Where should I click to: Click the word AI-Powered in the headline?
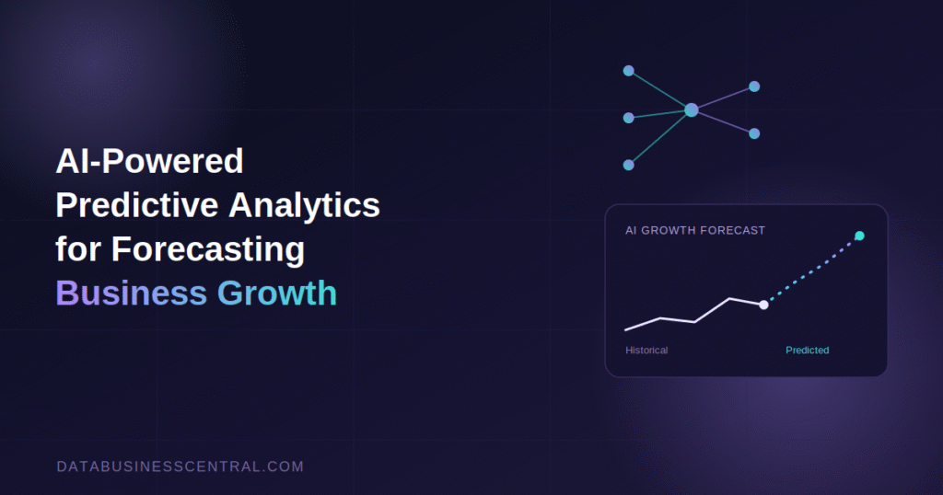150,161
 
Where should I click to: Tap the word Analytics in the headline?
304,206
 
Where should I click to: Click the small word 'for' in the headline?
78,248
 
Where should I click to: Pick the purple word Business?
131,294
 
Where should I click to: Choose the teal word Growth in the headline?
276,294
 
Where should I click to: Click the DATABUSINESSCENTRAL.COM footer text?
180,466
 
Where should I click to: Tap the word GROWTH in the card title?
669,231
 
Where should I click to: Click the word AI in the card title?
631,231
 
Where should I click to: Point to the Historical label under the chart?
646,351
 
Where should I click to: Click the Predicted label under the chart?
807,351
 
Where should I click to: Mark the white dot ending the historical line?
763,305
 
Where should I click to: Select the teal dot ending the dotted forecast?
859,236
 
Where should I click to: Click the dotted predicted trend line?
812,271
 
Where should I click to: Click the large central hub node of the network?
692,109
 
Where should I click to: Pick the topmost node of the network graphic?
628,71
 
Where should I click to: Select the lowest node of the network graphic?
628,166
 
